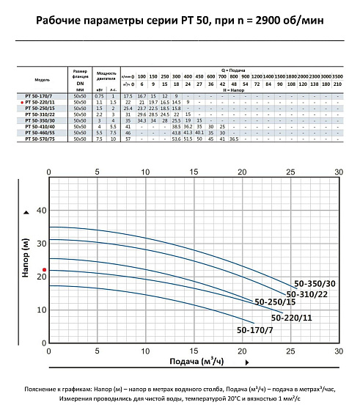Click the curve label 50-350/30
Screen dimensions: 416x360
[314, 283]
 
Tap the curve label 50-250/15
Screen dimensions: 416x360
[275, 302]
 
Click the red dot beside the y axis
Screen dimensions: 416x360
[24, 271]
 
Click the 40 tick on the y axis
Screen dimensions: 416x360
[40, 211]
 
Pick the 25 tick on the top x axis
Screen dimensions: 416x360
[290, 172]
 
